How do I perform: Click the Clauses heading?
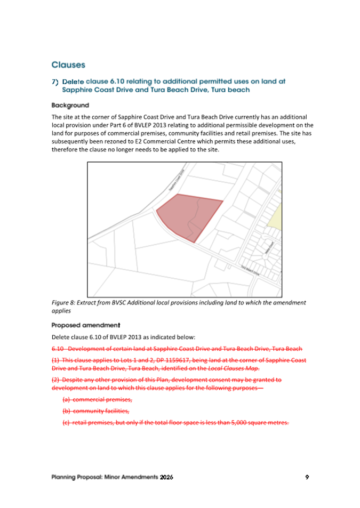[68, 65]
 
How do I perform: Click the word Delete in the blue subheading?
[73, 82]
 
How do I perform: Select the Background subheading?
[70, 106]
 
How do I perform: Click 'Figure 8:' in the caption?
[64, 303]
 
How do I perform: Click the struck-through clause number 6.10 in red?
[58, 349]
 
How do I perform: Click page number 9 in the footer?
[307, 477]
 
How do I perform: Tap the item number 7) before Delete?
[54, 82]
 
